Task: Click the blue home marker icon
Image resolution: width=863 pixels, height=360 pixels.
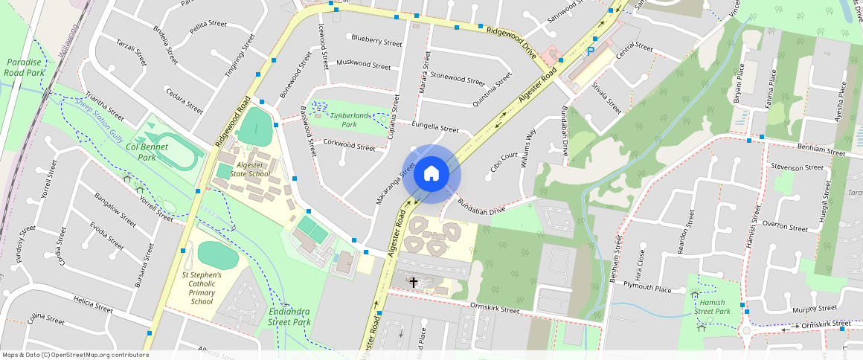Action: (431, 174)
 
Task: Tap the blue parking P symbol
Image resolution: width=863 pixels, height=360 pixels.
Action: (591, 51)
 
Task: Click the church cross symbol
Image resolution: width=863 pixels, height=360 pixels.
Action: (414, 283)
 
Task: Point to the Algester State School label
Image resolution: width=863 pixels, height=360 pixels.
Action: (250, 169)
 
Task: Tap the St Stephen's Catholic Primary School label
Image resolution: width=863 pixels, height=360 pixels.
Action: (202, 289)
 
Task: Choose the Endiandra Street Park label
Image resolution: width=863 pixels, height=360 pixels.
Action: (289, 317)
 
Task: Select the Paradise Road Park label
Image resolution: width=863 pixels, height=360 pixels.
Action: (25, 68)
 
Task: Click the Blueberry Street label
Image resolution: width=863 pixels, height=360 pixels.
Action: (376, 39)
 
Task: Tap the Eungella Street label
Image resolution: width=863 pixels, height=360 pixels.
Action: (435, 127)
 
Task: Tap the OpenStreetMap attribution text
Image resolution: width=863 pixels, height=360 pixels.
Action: (75, 355)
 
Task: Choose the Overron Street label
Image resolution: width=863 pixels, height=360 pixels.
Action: (785, 227)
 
